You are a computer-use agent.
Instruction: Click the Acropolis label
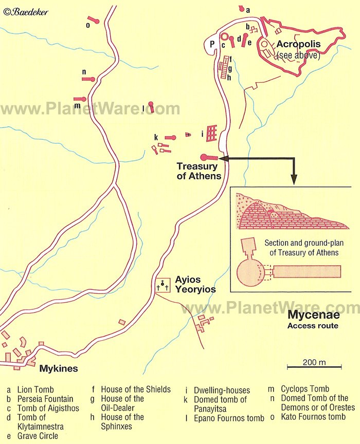click(298, 44)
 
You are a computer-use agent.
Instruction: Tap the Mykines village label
click(59, 368)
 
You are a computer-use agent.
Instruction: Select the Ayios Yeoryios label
click(195, 285)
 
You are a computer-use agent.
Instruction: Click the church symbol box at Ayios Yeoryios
click(164, 285)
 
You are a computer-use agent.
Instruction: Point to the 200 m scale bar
click(314, 366)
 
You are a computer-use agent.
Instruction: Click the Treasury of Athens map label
click(199, 171)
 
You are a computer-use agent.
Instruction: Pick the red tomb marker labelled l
click(151, 106)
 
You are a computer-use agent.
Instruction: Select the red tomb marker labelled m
click(80, 99)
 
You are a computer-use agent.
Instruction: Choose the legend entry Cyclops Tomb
click(305, 389)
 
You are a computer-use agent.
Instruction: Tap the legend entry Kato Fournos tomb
click(313, 417)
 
